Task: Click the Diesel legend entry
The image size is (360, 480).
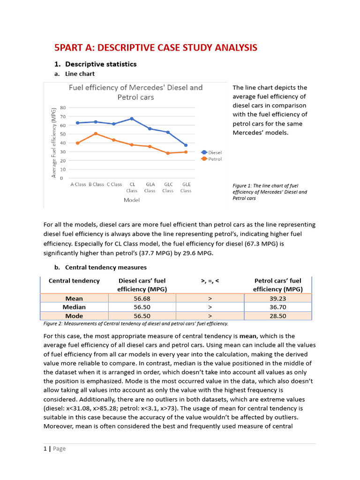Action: click(211, 152)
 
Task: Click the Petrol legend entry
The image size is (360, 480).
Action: click(211, 159)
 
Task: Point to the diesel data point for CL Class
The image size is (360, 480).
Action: click(132, 119)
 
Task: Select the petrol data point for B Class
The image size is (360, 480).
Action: click(96, 134)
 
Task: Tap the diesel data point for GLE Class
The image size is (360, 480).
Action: click(186, 145)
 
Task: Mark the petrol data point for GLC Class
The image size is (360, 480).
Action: click(168, 153)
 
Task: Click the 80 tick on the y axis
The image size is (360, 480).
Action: click(62, 108)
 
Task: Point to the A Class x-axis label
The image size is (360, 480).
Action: click(78, 184)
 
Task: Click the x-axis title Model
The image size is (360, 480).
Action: click(132, 200)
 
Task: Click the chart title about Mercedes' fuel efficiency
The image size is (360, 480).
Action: click(135, 92)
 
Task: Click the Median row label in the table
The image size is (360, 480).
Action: click(74, 307)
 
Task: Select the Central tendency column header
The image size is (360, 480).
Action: click(74, 281)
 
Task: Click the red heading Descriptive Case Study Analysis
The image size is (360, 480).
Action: click(156, 47)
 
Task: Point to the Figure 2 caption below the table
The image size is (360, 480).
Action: click(135, 323)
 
